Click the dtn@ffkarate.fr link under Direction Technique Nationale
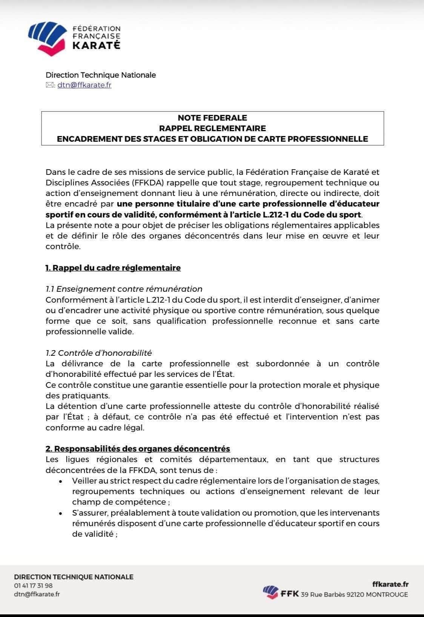tap(84, 85)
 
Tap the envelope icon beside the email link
tap(49, 85)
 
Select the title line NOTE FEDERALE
tap(212, 118)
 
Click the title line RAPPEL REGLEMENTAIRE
tap(212, 128)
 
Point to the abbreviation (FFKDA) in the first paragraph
tap(146, 183)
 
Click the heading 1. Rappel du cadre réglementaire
tap(113, 268)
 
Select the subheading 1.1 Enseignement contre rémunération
tap(124, 289)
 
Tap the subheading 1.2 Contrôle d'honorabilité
tap(98, 353)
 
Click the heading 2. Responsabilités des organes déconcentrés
tap(138, 449)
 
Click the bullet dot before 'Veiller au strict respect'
tap(61, 482)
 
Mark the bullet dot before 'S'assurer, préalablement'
tap(61, 513)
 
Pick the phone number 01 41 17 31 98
tap(33, 586)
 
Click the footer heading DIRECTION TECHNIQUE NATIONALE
tap(74, 577)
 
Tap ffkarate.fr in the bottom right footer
tap(390, 585)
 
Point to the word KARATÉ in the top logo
tap(96, 46)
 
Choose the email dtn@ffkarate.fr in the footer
tap(37, 594)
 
